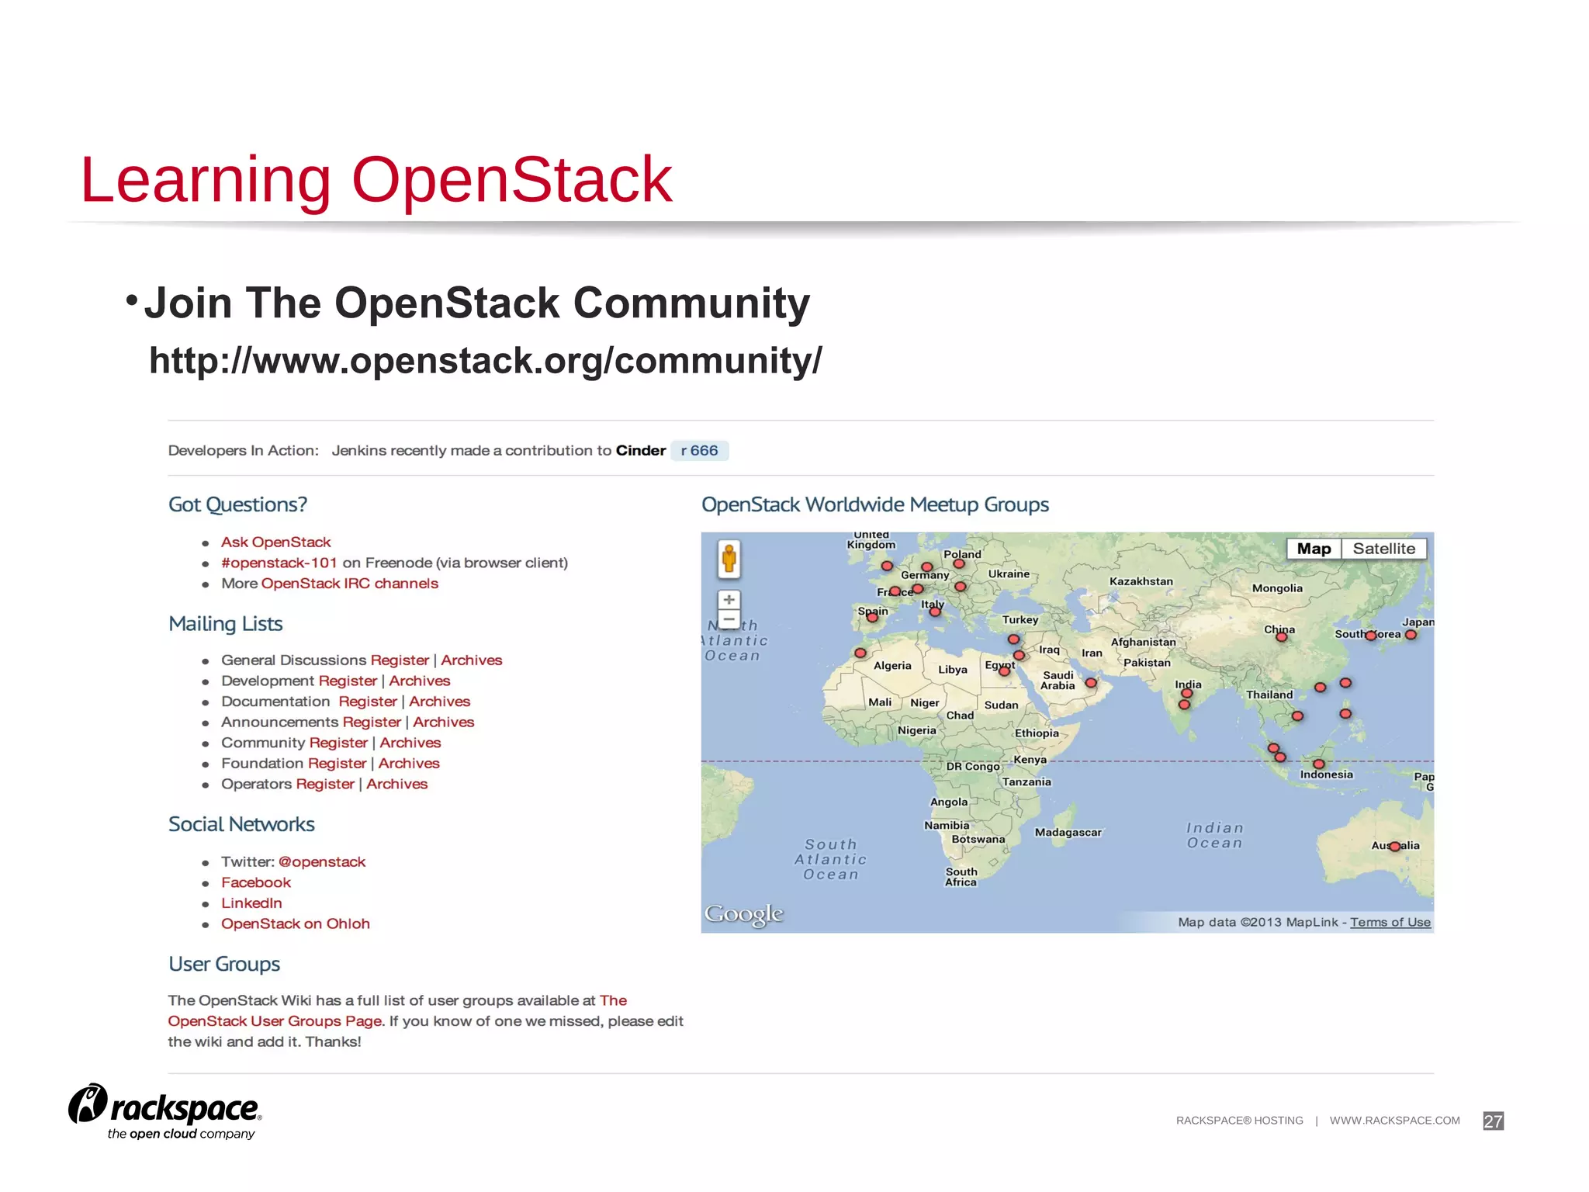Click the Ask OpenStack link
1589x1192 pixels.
pyautogui.click(x=275, y=542)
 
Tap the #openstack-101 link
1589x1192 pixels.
pyautogui.click(x=279, y=563)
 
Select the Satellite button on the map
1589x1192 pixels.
pyautogui.click(x=1383, y=549)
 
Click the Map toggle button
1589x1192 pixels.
pyautogui.click(x=1314, y=549)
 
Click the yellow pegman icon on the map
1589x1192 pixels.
pyautogui.click(x=729, y=559)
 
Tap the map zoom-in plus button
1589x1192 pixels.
pyautogui.click(x=729, y=600)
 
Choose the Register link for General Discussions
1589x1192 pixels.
pyautogui.click(x=400, y=660)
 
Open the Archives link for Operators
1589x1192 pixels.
pyautogui.click(x=396, y=784)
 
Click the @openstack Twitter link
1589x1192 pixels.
pyautogui.click(x=321, y=862)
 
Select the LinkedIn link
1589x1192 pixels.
pyautogui.click(x=251, y=903)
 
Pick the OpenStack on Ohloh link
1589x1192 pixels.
pyautogui.click(x=295, y=923)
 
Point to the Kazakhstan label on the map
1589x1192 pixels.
pyautogui.click(x=1141, y=581)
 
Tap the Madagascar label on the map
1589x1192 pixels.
pyautogui.click(x=1068, y=833)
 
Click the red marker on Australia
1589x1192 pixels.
pyautogui.click(x=1394, y=847)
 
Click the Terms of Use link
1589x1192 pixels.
pyautogui.click(x=1390, y=922)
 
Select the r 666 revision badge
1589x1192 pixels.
pyautogui.click(x=699, y=451)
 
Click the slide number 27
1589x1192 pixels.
pyautogui.click(x=1493, y=1121)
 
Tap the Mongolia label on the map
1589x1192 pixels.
pyautogui.click(x=1277, y=588)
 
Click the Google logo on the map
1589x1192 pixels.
pyautogui.click(x=743, y=914)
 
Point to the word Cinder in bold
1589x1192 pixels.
pyautogui.click(x=641, y=451)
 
